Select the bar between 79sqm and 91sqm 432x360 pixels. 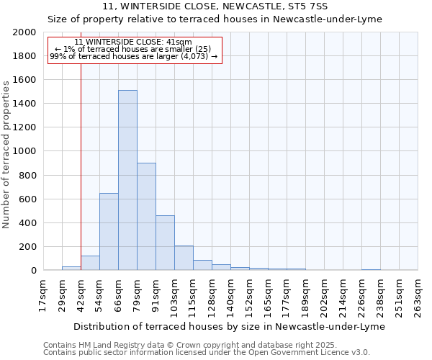(x=146, y=216)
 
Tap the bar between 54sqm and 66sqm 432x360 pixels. (x=109, y=232)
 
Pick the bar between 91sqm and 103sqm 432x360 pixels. (x=165, y=243)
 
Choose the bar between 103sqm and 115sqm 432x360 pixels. (x=184, y=258)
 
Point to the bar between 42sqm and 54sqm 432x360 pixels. (x=90, y=263)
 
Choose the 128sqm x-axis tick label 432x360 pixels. (x=211, y=295)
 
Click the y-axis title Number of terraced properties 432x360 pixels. (x=6, y=154)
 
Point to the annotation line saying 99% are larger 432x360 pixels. (x=134, y=55)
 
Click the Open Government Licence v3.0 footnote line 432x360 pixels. (x=207, y=352)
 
